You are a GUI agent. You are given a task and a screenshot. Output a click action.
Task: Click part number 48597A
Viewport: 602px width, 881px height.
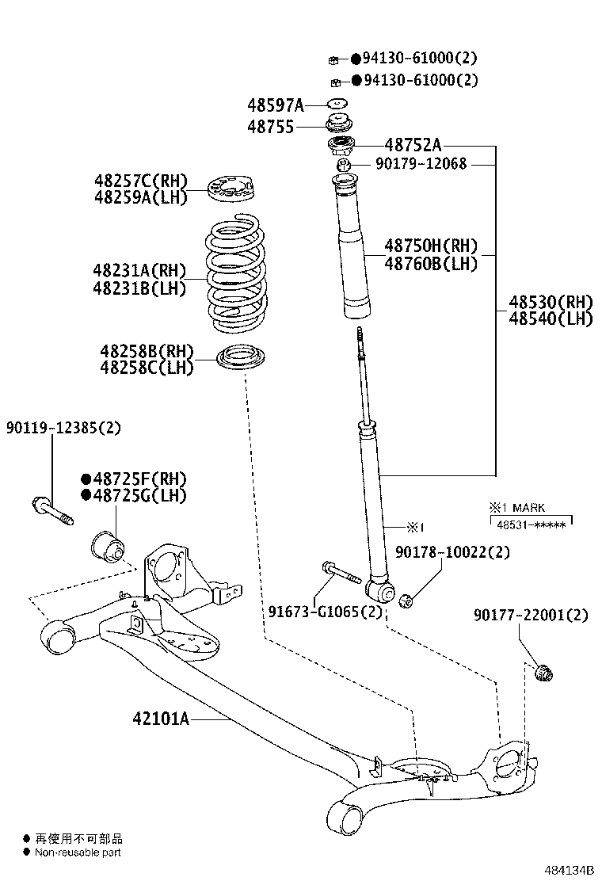(x=275, y=105)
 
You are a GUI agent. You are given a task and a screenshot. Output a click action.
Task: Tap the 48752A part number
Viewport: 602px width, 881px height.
(x=413, y=144)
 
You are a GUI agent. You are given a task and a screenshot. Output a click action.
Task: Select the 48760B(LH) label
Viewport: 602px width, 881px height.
(x=431, y=264)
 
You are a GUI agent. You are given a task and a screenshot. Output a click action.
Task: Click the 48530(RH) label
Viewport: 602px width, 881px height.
(x=551, y=302)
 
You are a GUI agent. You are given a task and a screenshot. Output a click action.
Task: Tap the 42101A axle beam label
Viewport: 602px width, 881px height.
(x=161, y=719)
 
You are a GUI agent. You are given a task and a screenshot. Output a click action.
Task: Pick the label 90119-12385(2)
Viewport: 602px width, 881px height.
(x=64, y=427)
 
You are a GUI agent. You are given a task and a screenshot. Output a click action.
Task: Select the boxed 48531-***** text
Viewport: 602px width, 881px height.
(x=530, y=524)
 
